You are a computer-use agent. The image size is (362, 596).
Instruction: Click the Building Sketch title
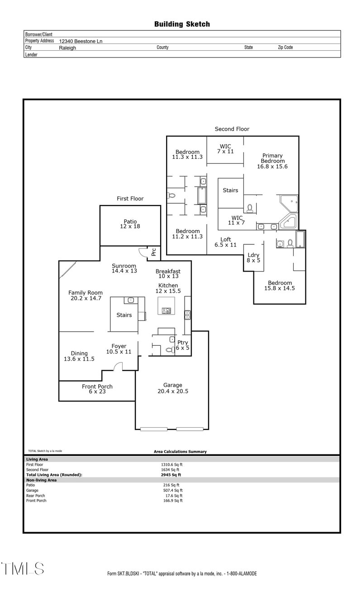coord(182,24)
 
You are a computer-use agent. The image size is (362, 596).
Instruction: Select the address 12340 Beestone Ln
coord(81,41)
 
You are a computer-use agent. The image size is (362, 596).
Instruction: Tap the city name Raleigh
coord(67,48)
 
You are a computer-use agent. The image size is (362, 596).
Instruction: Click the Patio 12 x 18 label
coord(130,224)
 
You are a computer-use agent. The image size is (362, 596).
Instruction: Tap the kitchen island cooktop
coord(167,310)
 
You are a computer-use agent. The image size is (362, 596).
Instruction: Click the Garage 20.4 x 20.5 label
coord(172,388)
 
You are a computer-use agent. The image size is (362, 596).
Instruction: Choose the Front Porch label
coord(97,389)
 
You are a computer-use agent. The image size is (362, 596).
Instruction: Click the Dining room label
coord(79,356)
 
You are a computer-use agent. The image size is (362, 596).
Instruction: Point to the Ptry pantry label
coord(183,345)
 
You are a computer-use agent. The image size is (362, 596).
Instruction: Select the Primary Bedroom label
coord(272,161)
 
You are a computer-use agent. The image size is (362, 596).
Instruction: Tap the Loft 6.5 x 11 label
coord(225,242)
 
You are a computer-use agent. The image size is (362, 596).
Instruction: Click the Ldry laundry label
coord(253,257)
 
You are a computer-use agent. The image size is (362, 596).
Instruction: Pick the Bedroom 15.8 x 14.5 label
coord(279,285)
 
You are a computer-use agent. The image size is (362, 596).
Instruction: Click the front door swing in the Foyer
coord(118,367)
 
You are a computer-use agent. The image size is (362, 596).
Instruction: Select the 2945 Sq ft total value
coord(171,475)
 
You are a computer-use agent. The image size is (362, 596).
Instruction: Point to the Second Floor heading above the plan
coord(232,129)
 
